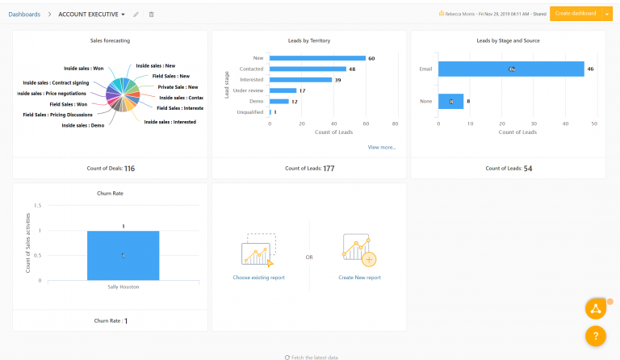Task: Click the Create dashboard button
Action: pos(575,14)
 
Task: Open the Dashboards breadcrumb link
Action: pos(24,15)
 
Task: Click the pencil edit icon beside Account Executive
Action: pos(136,15)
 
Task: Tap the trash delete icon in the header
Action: pos(152,15)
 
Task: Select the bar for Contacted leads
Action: pos(308,69)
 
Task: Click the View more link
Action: pos(382,147)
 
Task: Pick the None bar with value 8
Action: pos(450,101)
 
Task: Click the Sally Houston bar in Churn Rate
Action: pos(123,255)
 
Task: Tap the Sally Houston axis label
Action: pos(123,286)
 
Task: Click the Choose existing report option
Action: pos(258,277)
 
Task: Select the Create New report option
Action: pos(359,277)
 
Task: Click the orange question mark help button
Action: pos(595,335)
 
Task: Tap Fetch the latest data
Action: pos(312,357)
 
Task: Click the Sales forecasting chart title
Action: pos(110,40)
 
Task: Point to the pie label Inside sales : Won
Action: pos(83,69)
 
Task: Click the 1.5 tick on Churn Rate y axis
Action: pos(36,207)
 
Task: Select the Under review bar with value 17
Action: pos(283,90)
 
